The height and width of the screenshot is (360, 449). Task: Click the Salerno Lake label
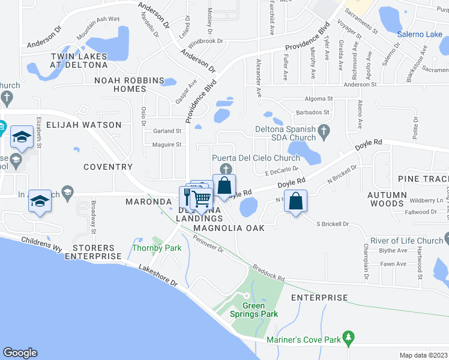pos(420,34)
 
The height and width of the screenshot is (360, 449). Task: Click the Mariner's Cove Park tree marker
pos(348,339)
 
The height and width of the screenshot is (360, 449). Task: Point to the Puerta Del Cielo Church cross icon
pos(226,169)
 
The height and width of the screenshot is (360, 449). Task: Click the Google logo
pos(20,352)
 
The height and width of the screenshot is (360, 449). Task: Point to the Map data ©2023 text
pos(423,355)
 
